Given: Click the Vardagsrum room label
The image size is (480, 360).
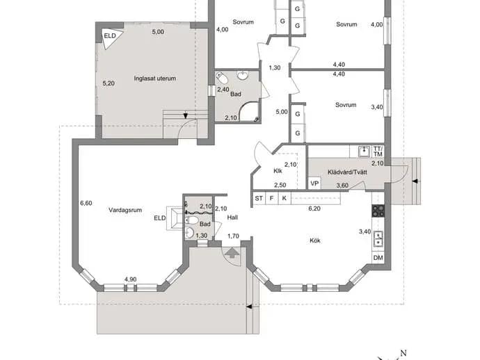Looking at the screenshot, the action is point(125,210).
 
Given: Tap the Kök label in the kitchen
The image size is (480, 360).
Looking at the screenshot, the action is point(315,240).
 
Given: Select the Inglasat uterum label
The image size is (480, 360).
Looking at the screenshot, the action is point(155,79).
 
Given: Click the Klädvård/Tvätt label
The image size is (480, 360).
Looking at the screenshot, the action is point(347,172).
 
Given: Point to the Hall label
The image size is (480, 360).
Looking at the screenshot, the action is point(232,218).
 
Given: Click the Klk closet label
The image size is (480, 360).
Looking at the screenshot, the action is point(278,171).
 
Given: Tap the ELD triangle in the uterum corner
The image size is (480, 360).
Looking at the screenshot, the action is point(111,38).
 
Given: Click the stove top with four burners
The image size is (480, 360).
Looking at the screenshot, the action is point(378,211).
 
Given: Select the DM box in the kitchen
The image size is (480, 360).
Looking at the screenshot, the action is point(378,258).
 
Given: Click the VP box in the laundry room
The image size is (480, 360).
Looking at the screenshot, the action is point(314,183).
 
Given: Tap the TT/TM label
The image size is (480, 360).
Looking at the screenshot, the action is point(378,152).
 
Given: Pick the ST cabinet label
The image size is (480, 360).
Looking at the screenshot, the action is point(259,198).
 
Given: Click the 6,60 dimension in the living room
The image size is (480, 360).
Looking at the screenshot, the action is point(86,203).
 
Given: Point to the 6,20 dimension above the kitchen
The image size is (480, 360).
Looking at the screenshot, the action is point(314,208).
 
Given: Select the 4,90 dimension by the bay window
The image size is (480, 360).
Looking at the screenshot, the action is point(130,279).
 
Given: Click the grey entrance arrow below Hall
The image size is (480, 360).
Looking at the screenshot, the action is point(232,253).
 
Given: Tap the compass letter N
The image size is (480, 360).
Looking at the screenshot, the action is point(403,353).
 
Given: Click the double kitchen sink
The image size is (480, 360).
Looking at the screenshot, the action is point(378,239).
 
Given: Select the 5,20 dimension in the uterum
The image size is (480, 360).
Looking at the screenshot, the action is point(109,83).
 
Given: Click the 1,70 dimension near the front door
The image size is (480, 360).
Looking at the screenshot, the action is point(233,236).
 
